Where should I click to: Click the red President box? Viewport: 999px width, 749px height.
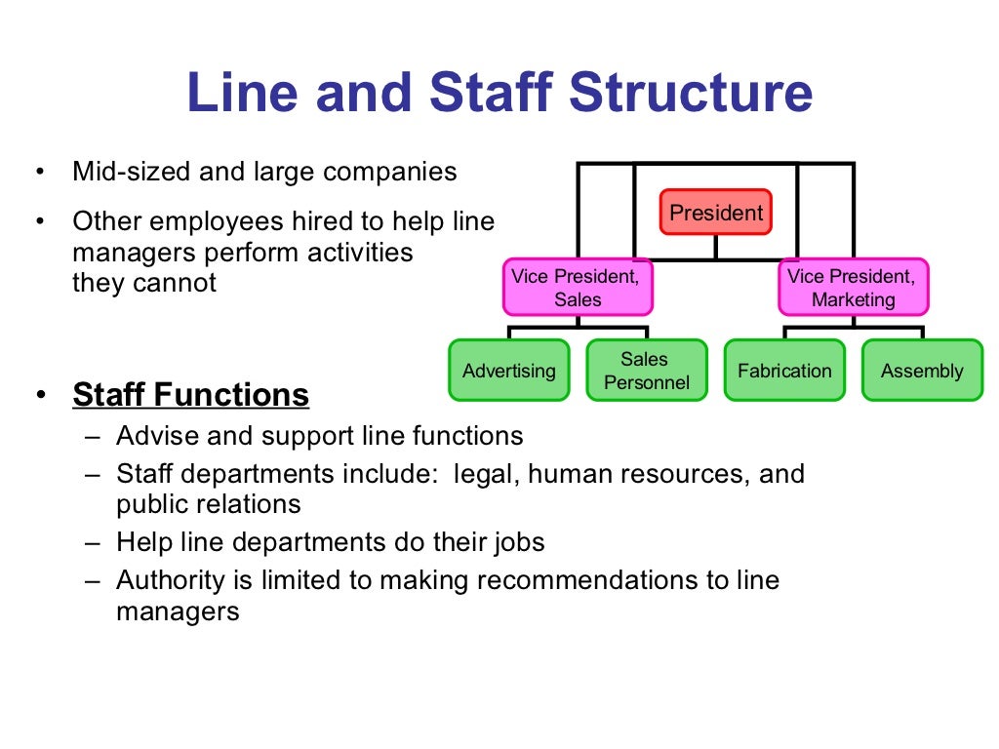[715, 212]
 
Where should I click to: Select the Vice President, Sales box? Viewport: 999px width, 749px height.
[578, 288]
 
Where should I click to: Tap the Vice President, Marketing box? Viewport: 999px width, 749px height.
[853, 288]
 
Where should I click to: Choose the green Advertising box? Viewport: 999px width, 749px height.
[508, 371]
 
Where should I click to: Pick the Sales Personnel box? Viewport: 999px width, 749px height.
[646, 371]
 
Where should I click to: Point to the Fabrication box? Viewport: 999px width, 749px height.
[784, 371]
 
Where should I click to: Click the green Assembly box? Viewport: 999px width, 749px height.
[921, 371]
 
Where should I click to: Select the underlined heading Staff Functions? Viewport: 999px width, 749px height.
[191, 395]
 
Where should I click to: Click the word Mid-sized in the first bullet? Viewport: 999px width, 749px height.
[133, 173]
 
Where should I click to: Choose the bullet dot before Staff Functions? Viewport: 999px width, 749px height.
[40, 396]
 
